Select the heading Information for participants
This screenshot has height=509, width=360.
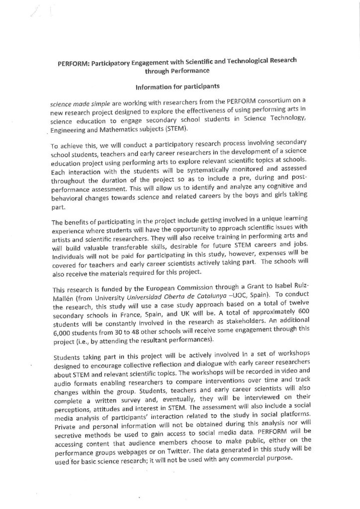pyautogui.click(x=179, y=87)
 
